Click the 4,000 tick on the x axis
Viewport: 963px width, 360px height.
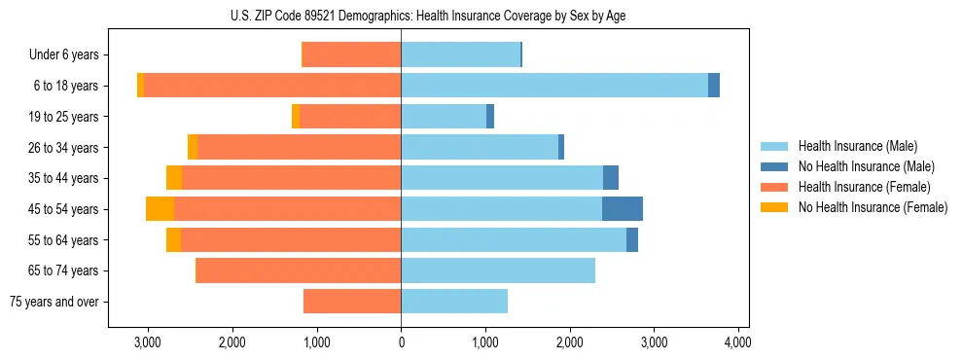737,343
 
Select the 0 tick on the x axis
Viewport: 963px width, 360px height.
401,343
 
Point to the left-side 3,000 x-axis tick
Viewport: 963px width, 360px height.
147,343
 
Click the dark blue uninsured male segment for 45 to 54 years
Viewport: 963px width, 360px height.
623,209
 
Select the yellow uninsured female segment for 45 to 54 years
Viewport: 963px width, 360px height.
160,209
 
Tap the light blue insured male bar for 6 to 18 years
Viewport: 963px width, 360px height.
554,86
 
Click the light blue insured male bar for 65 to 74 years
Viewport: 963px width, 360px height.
498,270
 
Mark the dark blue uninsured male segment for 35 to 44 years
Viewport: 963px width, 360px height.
611,178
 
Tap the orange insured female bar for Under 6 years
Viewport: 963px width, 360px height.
352,55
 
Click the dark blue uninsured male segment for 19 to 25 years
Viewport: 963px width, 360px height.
490,117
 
